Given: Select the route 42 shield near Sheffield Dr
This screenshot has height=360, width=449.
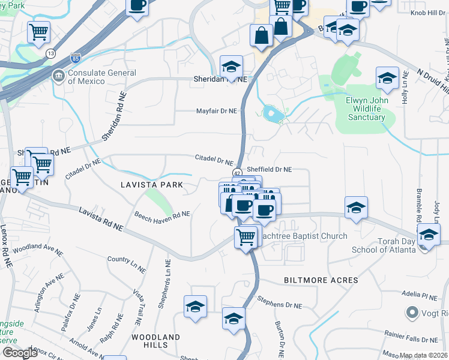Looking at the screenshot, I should click(237, 172).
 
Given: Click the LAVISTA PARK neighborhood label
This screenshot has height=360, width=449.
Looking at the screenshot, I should click(151, 185).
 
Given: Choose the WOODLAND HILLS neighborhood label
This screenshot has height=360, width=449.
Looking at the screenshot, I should click(155, 342).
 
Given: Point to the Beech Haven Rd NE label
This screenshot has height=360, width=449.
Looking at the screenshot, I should click(162, 214).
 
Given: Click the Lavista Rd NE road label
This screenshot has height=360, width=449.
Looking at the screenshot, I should click(101, 219).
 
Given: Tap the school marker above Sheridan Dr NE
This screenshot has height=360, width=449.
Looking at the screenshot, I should click(231, 68).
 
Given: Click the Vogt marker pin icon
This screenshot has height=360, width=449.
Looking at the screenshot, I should click(412, 312).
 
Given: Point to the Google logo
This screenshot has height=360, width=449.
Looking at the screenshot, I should click(20, 353).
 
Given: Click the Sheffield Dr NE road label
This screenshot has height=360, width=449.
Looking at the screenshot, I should click(270, 170).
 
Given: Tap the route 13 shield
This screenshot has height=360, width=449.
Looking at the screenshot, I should click(51, 54).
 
